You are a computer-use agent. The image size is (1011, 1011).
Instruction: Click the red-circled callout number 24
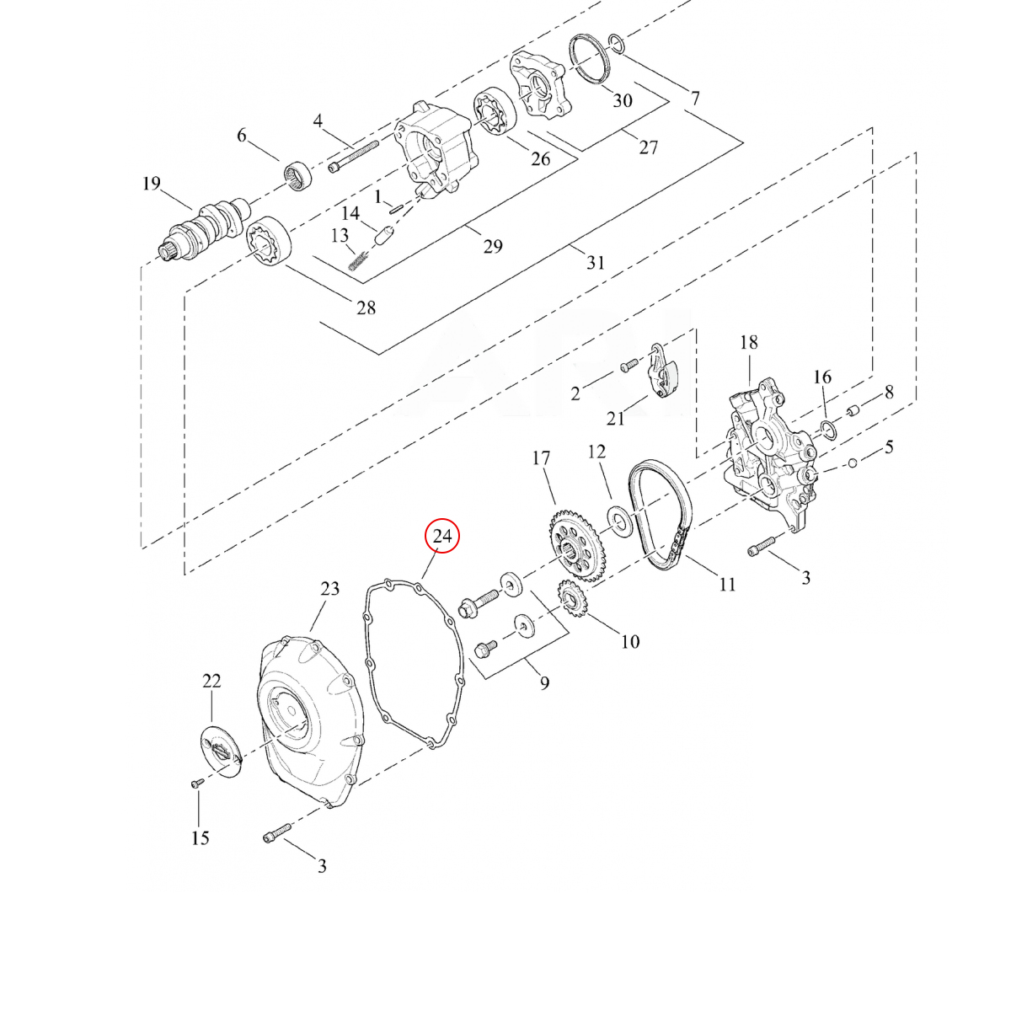[441, 536]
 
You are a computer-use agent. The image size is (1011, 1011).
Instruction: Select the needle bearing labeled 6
[297, 176]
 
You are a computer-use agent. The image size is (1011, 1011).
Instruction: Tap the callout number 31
[596, 262]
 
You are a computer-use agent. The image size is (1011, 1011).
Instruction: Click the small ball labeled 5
[853, 463]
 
